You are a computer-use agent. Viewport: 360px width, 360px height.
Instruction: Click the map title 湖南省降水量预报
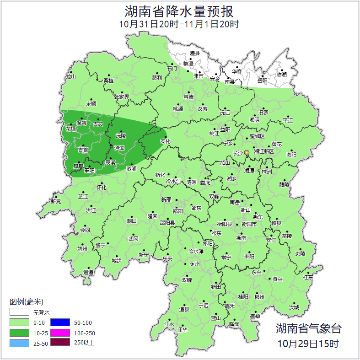[x=180, y=11]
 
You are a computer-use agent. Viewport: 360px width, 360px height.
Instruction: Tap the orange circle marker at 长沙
[x=247, y=152]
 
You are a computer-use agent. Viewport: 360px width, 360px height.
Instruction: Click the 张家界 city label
[x=122, y=97]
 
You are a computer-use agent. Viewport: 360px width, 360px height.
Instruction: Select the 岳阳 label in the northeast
[x=263, y=81]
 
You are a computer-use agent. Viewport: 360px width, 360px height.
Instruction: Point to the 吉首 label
[x=83, y=150]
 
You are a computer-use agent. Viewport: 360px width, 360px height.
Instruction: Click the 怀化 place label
[x=102, y=188]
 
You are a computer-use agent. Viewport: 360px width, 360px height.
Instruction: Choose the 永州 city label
[x=195, y=264]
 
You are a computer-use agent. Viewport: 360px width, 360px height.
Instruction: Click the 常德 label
[x=188, y=97]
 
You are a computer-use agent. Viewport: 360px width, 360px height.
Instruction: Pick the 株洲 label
[x=267, y=172]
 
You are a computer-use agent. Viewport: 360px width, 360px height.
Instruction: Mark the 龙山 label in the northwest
[x=70, y=77]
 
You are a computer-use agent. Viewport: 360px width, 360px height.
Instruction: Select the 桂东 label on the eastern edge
[x=308, y=277]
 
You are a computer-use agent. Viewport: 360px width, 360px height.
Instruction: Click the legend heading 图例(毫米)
[x=27, y=302]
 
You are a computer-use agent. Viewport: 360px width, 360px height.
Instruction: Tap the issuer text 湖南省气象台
[x=308, y=328]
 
